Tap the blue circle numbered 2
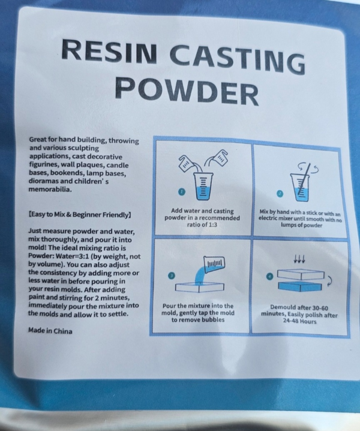click(x=279, y=193)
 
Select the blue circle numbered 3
click(x=172, y=275)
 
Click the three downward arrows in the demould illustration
click(x=298, y=260)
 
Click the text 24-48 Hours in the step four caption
click(x=298, y=320)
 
